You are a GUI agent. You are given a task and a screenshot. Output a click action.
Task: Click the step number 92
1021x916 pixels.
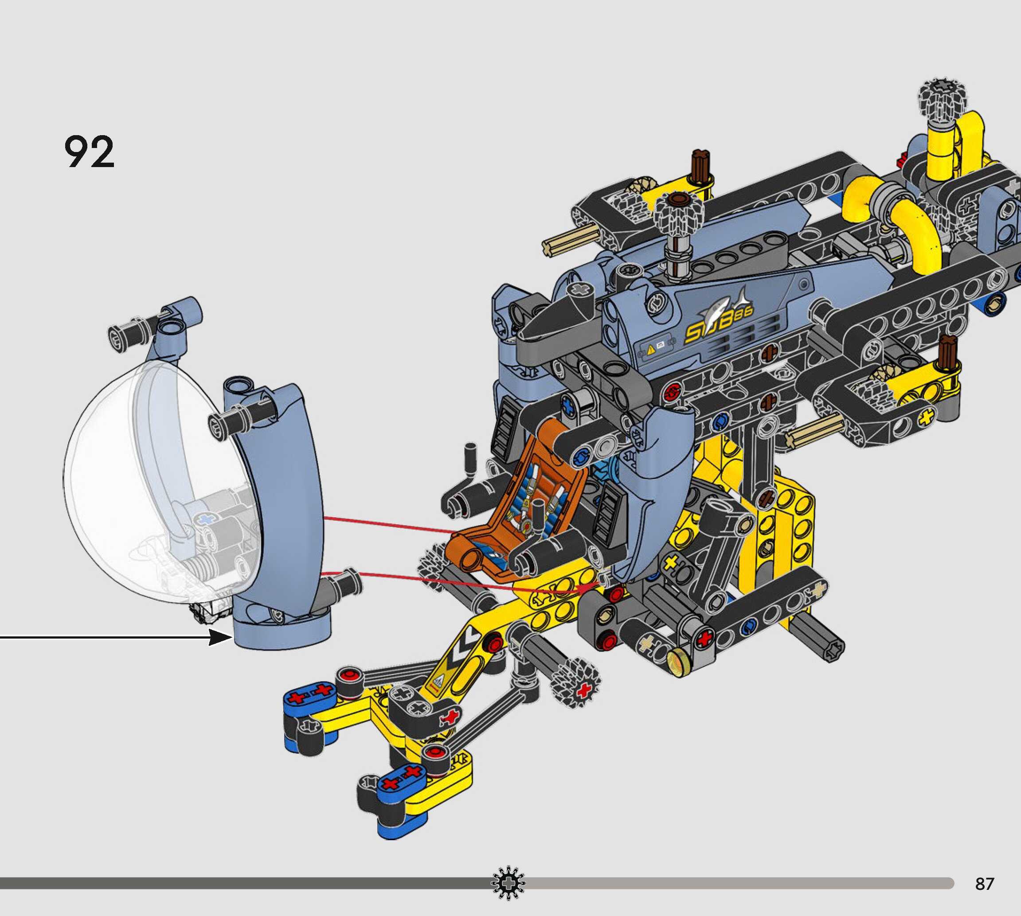point(89,152)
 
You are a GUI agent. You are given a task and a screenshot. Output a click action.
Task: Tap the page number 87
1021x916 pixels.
point(984,884)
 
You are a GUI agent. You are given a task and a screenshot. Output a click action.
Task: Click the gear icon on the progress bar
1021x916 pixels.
point(508,883)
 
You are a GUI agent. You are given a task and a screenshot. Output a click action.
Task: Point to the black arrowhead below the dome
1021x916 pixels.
point(220,638)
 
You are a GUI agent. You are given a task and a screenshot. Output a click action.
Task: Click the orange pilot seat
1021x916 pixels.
point(519,498)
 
